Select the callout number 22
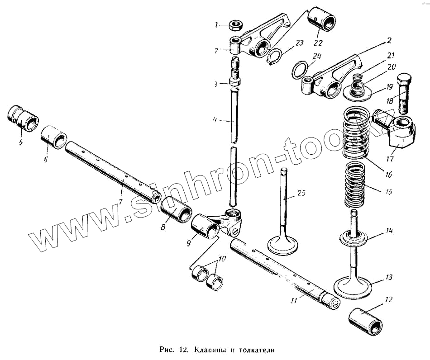[318, 43]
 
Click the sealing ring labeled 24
[300, 70]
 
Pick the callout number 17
[390, 159]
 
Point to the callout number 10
[222, 259]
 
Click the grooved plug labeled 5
[23, 118]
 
